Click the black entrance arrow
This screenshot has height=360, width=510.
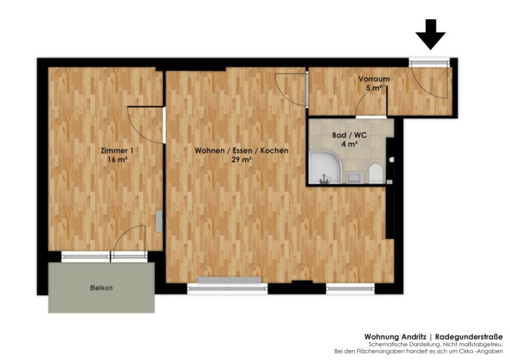point(431,34)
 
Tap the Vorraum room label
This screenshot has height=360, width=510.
point(374,79)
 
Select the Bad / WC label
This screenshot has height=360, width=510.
point(349,135)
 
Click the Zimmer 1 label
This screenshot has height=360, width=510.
point(117,151)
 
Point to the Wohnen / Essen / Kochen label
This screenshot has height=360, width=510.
point(241,151)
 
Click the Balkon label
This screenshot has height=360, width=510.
point(101,288)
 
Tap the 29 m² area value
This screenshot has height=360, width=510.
point(241,160)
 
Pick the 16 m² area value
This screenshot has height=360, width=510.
point(117,160)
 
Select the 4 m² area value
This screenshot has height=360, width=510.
point(350,144)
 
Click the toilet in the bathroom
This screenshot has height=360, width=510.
point(376,173)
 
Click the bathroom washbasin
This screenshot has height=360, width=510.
point(353,177)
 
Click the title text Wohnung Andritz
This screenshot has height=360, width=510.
point(395,337)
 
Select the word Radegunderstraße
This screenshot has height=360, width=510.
point(469,337)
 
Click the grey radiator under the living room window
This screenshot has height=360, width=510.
point(229,280)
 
